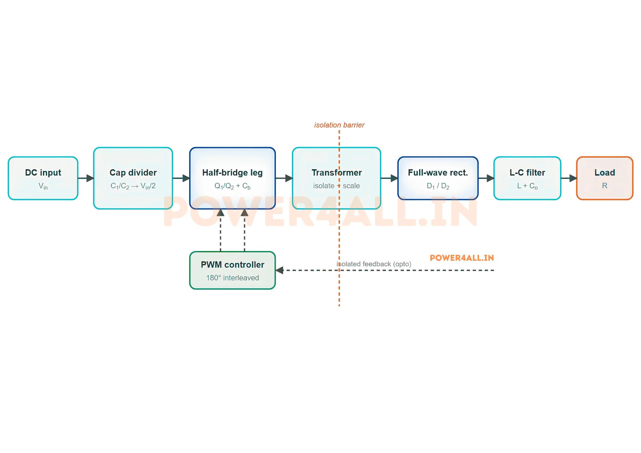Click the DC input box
coord(43,178)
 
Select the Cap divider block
coord(133,178)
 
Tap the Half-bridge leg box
coord(233,178)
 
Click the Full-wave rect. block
coord(438,178)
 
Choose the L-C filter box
coord(527,178)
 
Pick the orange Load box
coord(605,178)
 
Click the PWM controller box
coord(233,270)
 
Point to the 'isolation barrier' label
coord(339,125)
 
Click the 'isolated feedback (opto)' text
coord(374,264)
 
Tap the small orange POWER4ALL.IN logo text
coord(462,258)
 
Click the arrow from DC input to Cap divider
coord(86,178)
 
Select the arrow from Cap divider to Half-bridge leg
coord(181,178)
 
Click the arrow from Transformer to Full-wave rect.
coord(389,178)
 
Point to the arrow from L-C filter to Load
coord(569,178)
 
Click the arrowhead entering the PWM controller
coord(279,270)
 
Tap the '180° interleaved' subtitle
coord(233,278)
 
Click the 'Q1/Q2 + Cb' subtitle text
coord(233,186)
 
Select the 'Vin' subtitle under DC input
coord(43,186)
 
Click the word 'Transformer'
coord(337,173)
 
